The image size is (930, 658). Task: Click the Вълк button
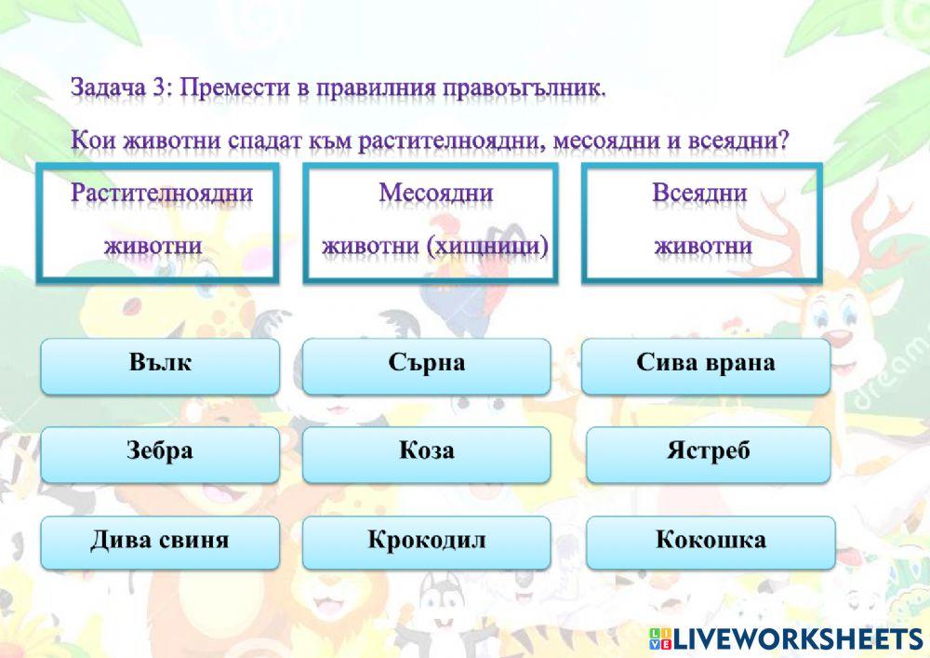[x=160, y=365]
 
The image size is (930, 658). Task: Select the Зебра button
[x=160, y=453]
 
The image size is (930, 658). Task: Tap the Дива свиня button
[x=160, y=542]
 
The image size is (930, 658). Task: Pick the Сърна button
[x=426, y=365]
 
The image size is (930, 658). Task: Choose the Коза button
[x=426, y=453]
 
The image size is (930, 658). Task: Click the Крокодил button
[x=426, y=542]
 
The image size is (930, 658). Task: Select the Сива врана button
[x=705, y=365]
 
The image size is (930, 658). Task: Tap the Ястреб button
[x=708, y=453]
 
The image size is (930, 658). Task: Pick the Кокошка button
[x=711, y=542]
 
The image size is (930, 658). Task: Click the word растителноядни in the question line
[x=453, y=141]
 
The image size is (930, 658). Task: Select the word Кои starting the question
[x=89, y=141]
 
